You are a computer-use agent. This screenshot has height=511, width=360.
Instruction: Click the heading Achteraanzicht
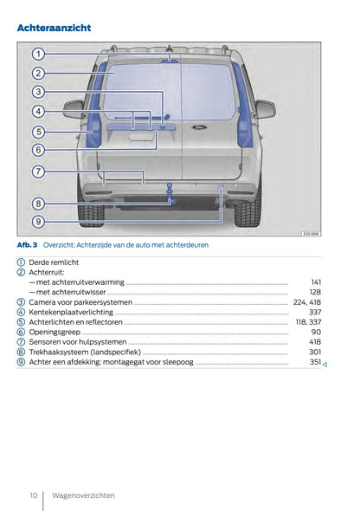coord(54,28)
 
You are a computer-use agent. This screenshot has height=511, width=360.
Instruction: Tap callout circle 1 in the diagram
coord(38,54)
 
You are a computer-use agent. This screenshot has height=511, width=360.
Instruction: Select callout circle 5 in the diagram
coord(38,132)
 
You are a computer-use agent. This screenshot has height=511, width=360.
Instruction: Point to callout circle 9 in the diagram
coord(38,221)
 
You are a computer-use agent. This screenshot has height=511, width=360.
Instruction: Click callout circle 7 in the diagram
coord(38,171)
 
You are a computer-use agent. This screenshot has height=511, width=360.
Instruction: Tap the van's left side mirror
coord(74,108)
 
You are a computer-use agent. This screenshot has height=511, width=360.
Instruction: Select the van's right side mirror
coord(264,108)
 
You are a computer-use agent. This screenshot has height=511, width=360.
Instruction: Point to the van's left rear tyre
coord(90,211)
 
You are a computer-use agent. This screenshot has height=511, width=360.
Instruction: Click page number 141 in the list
coord(316,282)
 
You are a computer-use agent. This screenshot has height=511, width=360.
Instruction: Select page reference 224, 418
coord(307,302)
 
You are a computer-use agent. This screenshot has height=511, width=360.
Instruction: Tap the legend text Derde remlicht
coord(54,262)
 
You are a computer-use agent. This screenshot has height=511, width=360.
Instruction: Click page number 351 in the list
coord(316,362)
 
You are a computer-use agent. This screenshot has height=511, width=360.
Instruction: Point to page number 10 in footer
coord(33,495)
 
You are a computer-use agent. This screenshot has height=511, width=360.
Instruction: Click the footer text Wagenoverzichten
coord(83,495)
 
